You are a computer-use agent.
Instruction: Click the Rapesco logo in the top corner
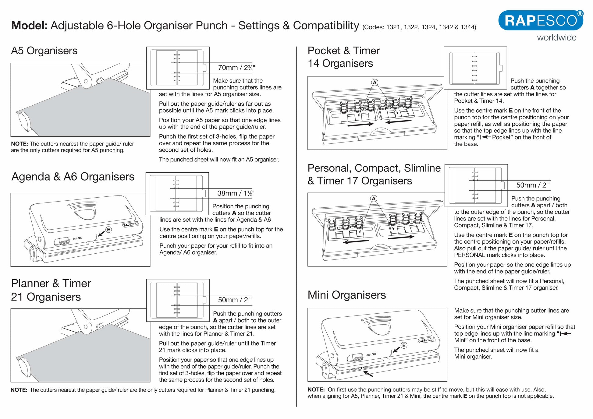tap(541, 20)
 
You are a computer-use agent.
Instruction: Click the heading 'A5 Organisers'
tap(44, 51)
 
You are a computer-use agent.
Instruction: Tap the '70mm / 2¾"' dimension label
tap(236, 68)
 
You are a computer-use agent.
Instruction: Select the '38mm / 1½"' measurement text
tap(236, 193)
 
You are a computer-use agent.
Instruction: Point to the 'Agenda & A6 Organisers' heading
tap(73, 177)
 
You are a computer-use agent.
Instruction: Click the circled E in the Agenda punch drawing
tap(108, 230)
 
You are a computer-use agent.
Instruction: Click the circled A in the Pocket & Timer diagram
tap(375, 82)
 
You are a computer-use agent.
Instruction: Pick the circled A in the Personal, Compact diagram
tap(374, 199)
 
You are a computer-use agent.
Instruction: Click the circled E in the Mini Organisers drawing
tap(404, 345)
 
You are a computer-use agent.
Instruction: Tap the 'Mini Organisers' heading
tap(346, 295)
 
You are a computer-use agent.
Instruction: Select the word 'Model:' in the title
tap(29, 26)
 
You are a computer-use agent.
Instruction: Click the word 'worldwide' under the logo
tap(556, 38)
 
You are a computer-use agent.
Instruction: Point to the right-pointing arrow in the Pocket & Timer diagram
tap(360, 124)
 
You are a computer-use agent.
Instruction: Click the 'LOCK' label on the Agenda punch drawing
tap(77, 238)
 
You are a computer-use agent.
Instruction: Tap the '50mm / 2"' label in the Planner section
tap(235, 300)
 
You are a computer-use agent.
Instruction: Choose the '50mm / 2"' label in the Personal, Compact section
tap(533, 185)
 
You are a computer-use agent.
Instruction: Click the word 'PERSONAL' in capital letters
tap(469, 255)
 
